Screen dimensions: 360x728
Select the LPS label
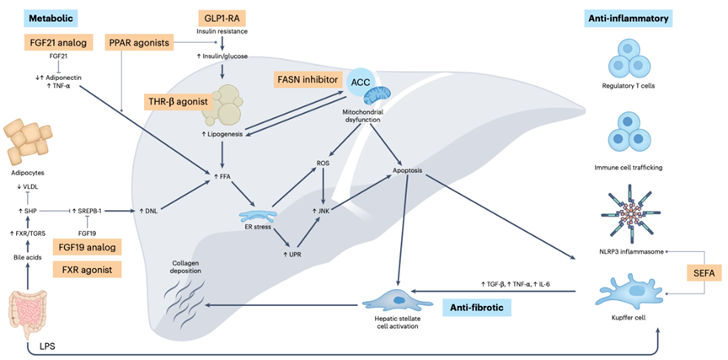pos(45,347)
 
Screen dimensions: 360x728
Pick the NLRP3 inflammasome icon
pos(634,215)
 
